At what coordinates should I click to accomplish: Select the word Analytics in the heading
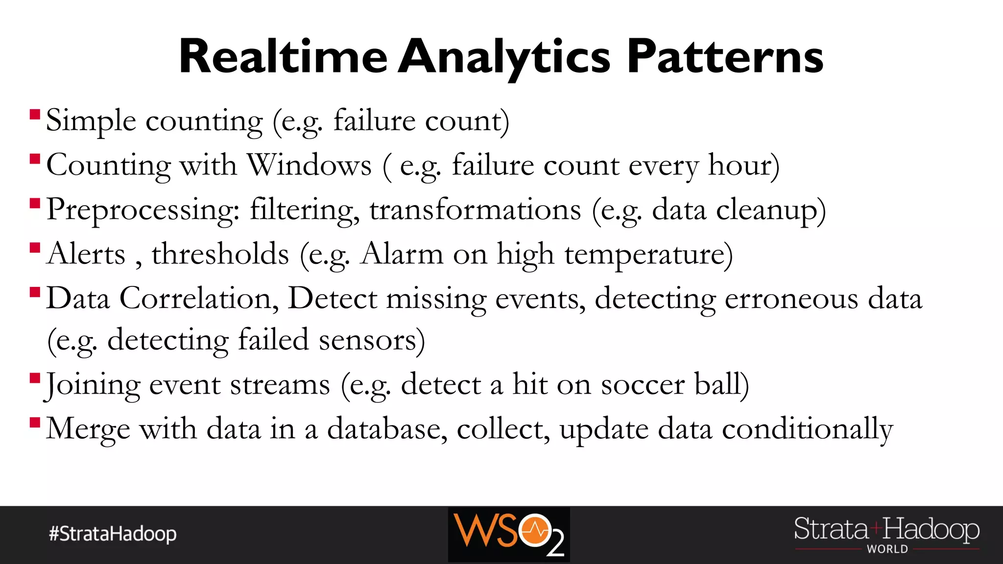[504, 58]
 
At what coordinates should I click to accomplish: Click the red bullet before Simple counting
[35, 115]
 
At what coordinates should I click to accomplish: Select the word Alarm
[402, 254]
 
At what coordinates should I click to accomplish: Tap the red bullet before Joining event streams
[35, 378]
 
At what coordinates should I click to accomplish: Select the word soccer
[643, 384]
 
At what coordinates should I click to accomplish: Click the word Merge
[88, 429]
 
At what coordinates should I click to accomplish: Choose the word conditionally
[807, 429]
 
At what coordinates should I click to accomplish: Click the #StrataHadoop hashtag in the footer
[113, 534]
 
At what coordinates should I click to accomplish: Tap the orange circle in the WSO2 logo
[535, 530]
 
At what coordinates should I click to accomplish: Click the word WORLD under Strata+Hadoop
[887, 549]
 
